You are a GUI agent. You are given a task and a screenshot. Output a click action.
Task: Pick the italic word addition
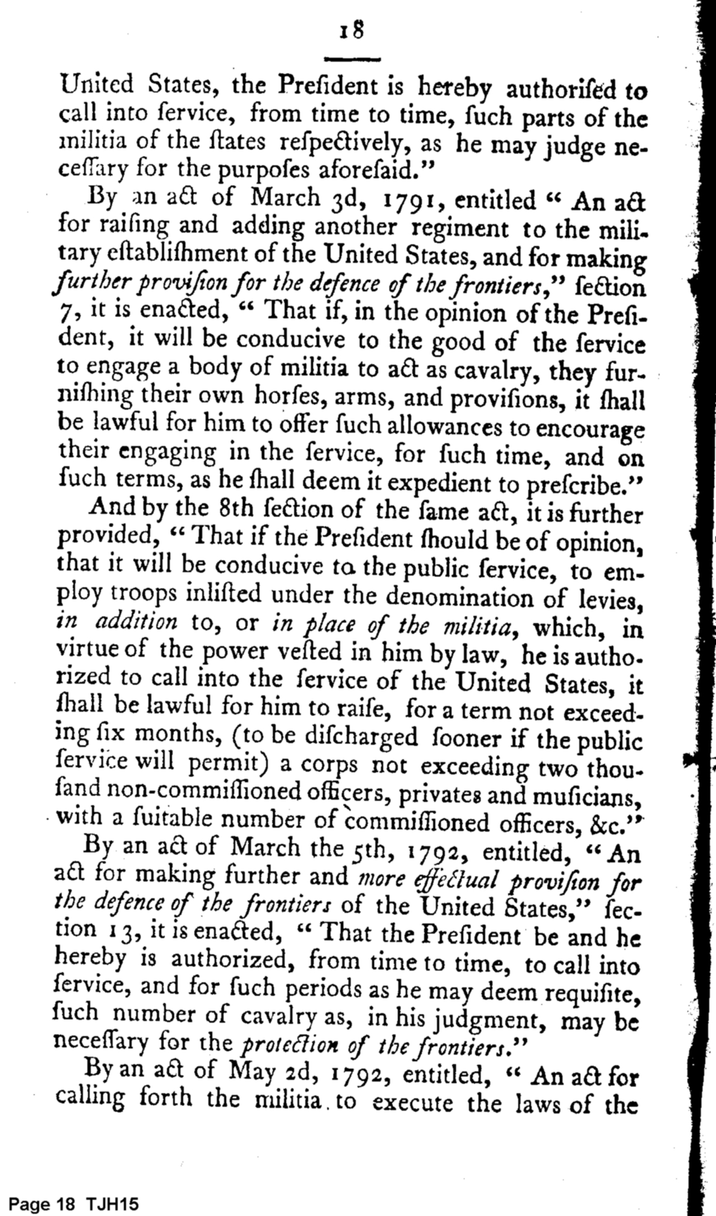tap(139, 624)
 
